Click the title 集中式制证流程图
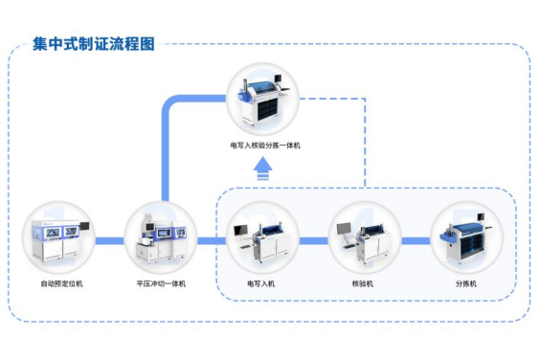click(x=94, y=44)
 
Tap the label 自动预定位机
click(x=61, y=283)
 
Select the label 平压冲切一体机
click(x=161, y=283)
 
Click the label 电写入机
click(x=261, y=283)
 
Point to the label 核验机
click(x=363, y=283)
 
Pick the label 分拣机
click(x=466, y=283)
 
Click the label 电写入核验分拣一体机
click(x=265, y=146)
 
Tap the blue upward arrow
click(x=263, y=169)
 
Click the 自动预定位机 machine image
click(x=59, y=241)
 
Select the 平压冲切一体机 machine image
click(x=161, y=239)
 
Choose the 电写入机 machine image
click(x=261, y=241)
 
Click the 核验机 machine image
click(x=364, y=242)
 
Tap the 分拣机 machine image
click(x=467, y=239)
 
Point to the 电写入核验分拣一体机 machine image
click(x=264, y=99)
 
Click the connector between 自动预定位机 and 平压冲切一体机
click(x=109, y=240)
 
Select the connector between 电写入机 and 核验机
click(x=313, y=240)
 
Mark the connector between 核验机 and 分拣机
click(x=415, y=240)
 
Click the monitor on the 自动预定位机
click(x=84, y=226)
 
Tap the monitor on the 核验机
click(x=344, y=228)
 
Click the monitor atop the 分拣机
click(x=481, y=217)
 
